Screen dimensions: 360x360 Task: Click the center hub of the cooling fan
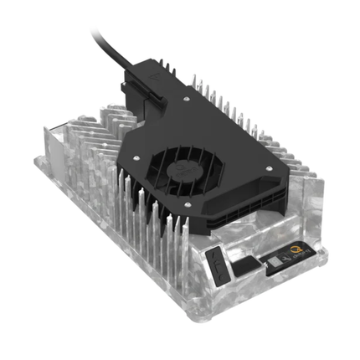tap(179, 168)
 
